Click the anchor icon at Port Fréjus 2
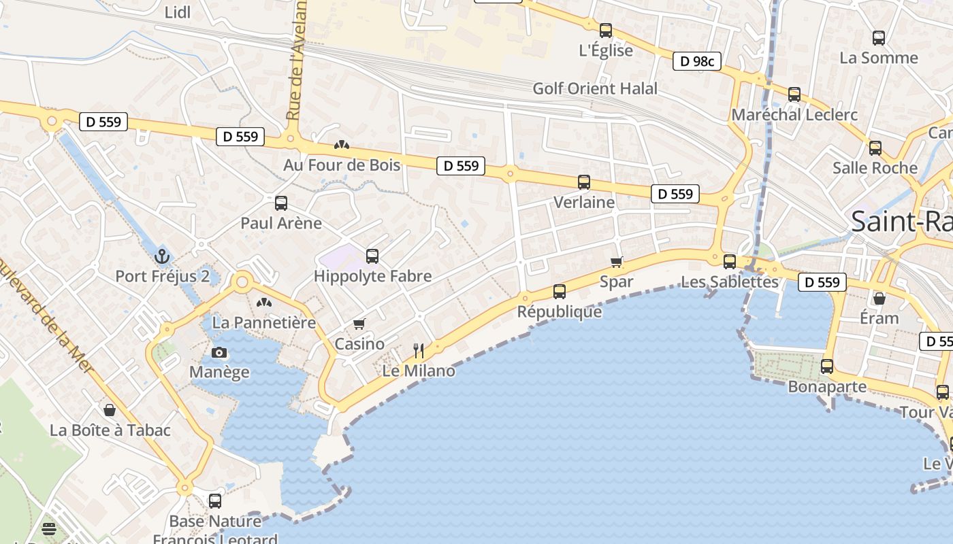click(161, 256)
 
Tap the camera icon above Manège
click(219, 352)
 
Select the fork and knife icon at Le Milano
click(419, 351)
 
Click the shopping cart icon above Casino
click(359, 324)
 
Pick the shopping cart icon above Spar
click(617, 262)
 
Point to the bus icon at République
click(560, 292)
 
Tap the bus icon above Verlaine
click(584, 182)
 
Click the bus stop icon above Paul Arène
click(281, 203)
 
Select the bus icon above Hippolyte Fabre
click(372, 256)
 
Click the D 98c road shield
click(697, 61)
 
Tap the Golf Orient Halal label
click(595, 88)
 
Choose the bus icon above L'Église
click(606, 31)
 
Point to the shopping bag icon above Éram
click(879, 299)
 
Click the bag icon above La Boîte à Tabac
click(110, 410)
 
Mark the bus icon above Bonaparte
click(827, 367)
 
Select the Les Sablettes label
click(730, 282)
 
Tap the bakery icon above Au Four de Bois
click(342, 145)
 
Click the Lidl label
click(178, 12)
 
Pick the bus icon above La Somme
click(879, 38)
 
